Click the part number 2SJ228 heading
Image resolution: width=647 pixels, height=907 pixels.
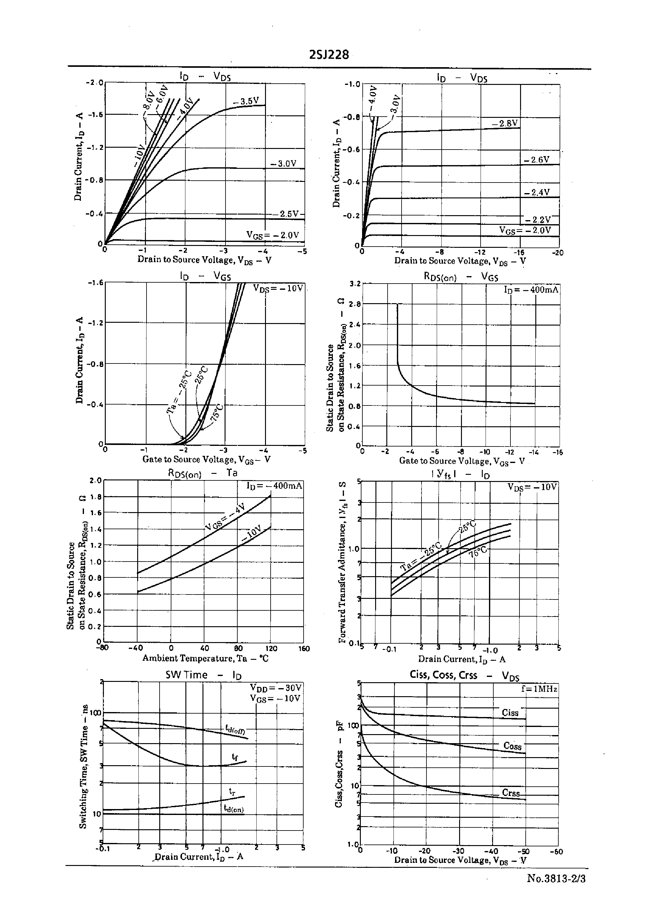pos(329,54)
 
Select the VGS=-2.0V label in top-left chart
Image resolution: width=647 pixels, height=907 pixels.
pos(272,235)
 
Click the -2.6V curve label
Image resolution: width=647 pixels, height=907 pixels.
pos(537,160)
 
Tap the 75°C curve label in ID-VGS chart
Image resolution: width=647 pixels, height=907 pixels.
pos(217,413)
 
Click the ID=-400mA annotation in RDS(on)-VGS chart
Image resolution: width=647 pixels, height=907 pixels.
pos(531,289)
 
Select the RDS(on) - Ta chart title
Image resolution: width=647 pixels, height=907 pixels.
pos(202,473)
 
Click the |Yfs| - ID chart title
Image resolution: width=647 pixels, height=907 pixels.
pos(460,474)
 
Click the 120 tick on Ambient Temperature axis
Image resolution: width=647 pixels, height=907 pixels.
pos(271,649)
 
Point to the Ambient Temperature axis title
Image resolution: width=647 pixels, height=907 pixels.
pos(205,658)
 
